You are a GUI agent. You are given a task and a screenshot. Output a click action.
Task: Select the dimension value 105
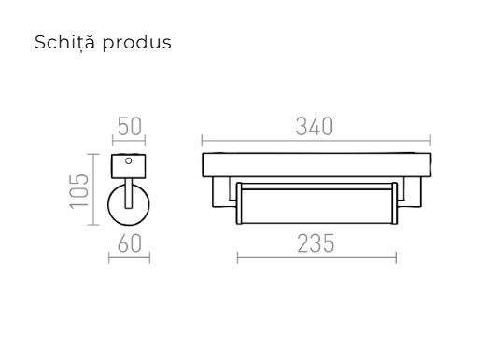click(x=80, y=189)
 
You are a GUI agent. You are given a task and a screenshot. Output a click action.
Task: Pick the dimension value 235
click(x=316, y=244)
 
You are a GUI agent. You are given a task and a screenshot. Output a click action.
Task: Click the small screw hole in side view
click(x=129, y=160)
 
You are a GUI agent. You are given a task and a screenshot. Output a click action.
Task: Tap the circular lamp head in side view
click(x=129, y=205)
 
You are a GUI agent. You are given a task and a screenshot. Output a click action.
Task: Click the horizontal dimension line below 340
click(x=317, y=142)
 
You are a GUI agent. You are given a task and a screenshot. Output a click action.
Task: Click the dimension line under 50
click(x=129, y=142)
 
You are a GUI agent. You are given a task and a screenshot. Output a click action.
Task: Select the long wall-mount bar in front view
click(x=317, y=165)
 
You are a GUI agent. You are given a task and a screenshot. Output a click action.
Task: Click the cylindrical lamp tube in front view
click(x=317, y=204)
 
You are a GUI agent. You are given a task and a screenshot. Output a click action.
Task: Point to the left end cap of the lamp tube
click(x=239, y=204)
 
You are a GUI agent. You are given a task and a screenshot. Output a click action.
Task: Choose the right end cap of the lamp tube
click(x=395, y=204)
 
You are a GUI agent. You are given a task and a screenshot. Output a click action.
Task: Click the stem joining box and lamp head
click(x=129, y=183)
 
